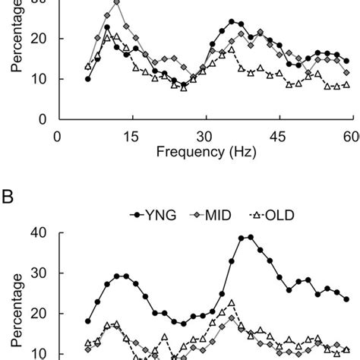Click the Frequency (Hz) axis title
click(204, 151)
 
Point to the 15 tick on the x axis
click(131, 135)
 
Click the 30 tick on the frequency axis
click(204, 135)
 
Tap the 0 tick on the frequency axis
click(58, 135)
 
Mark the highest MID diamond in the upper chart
click(116, 2)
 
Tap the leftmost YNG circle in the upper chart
click(88, 78)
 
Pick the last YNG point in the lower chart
click(347, 299)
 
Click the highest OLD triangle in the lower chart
click(231, 303)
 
